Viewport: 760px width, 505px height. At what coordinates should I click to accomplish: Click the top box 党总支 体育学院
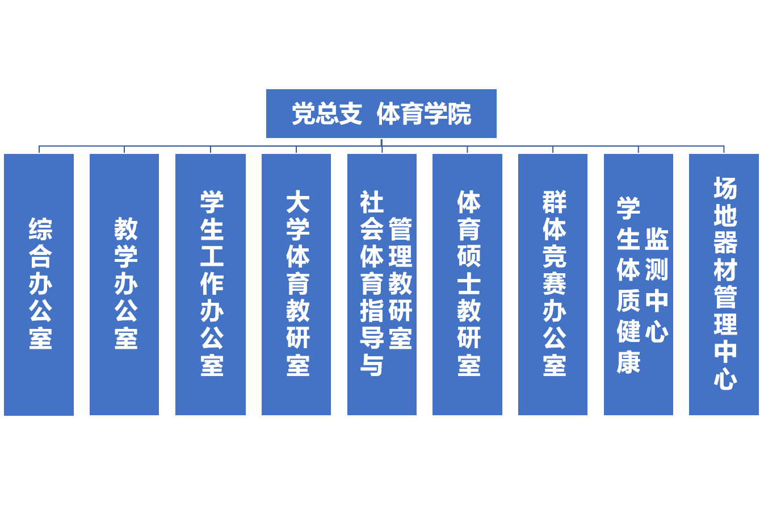(x=381, y=113)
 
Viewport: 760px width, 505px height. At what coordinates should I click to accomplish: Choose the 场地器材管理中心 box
(x=724, y=403)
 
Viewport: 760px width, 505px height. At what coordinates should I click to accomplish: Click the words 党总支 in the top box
(x=326, y=114)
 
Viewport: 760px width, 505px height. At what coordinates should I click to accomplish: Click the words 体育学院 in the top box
(x=423, y=114)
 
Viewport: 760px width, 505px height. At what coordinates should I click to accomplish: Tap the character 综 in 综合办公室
(x=40, y=229)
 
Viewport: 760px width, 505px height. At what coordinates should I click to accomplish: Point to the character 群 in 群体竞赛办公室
(x=554, y=202)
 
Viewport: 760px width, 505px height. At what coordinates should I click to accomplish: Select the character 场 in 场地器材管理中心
(x=725, y=188)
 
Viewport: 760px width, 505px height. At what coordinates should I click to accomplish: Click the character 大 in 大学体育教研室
(x=297, y=202)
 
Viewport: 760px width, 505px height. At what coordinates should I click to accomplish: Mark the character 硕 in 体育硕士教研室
(x=469, y=256)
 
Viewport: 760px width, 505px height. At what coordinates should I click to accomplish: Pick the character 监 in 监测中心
(x=657, y=239)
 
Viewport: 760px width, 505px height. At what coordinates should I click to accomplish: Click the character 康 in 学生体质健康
(x=628, y=362)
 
